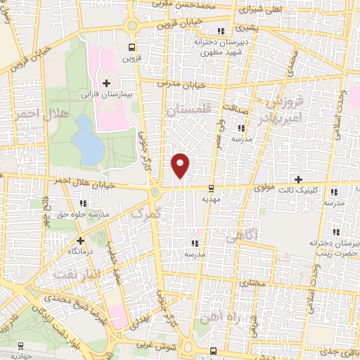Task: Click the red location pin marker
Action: (181, 165)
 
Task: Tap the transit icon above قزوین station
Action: (131, 48)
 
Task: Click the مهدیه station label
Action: (211, 199)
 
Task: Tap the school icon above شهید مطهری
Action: (222, 31)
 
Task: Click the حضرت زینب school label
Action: (335, 247)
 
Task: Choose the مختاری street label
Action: (252, 283)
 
